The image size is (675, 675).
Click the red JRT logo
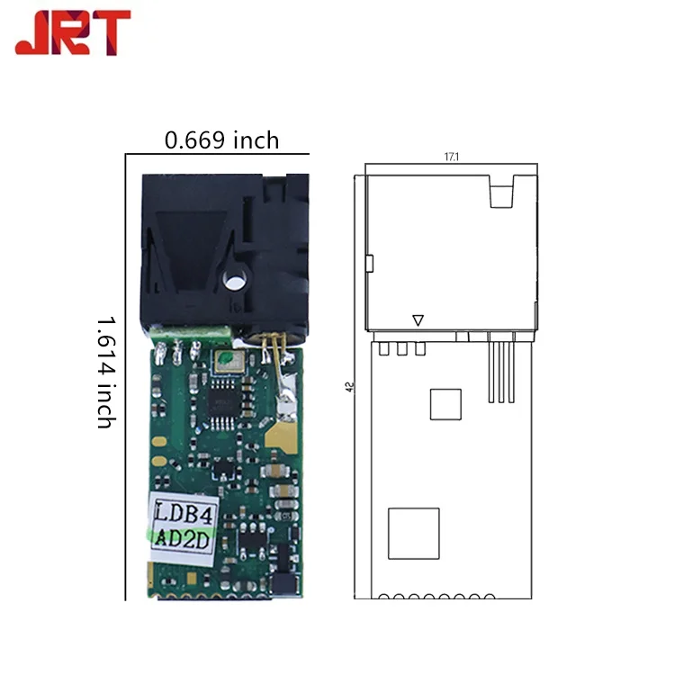click(x=73, y=32)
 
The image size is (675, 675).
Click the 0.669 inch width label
click(x=221, y=140)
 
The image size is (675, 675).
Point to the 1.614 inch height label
click(x=105, y=373)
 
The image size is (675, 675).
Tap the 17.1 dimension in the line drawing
click(x=452, y=157)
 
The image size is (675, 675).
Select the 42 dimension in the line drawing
click(x=350, y=387)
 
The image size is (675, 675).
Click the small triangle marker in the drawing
click(x=418, y=320)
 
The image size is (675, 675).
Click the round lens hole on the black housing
click(x=234, y=282)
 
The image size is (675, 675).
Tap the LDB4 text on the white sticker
click(x=184, y=511)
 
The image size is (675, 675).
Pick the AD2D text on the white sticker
click(x=182, y=538)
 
